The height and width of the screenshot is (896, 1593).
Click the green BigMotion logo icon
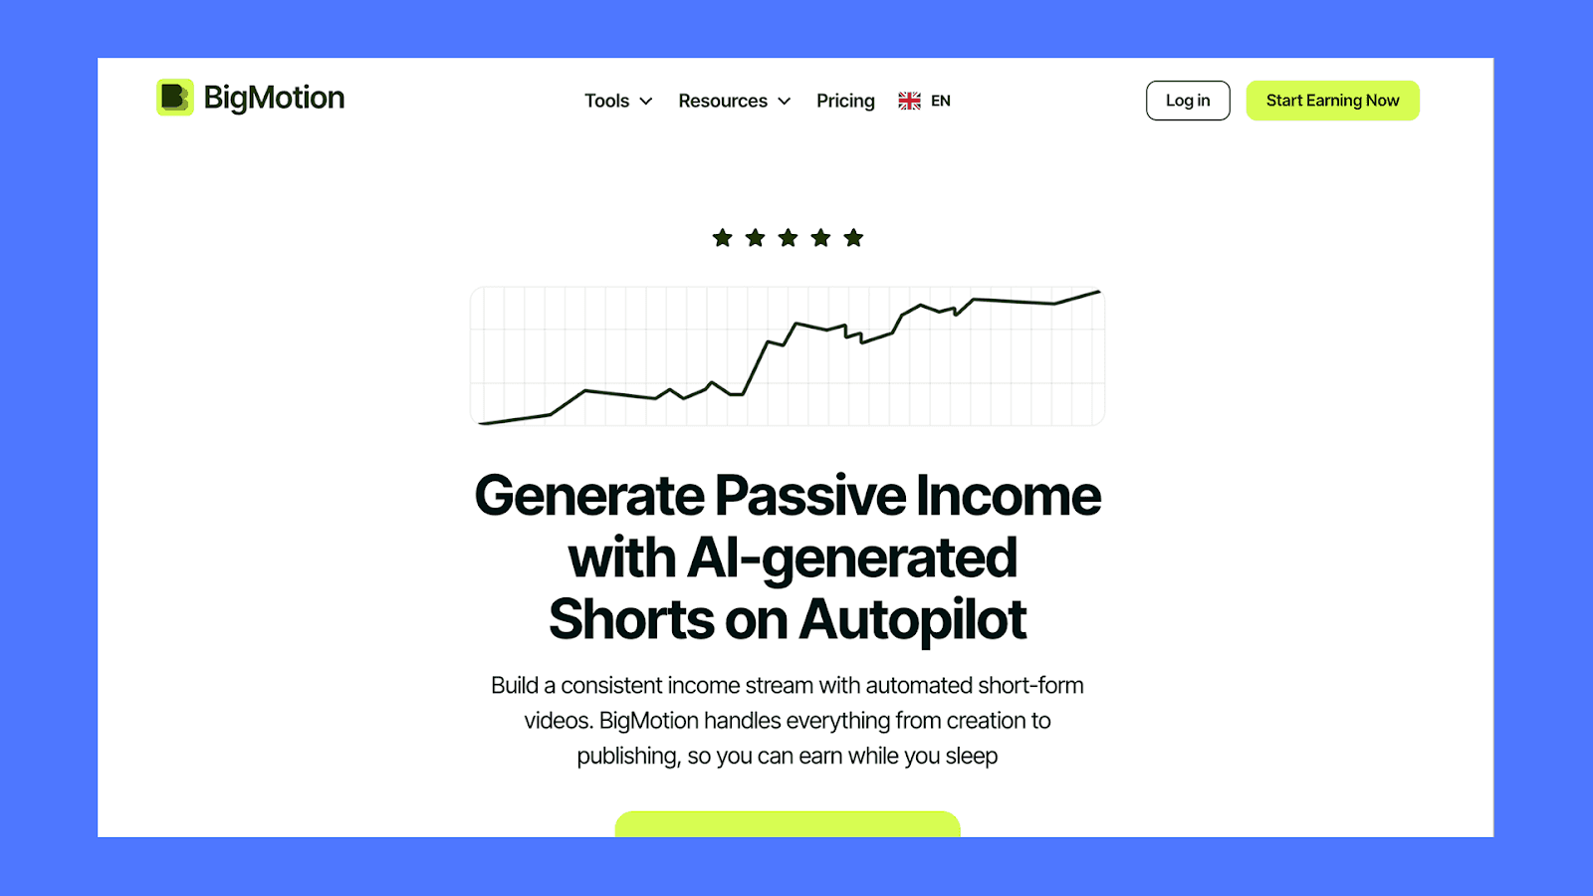pos(175,98)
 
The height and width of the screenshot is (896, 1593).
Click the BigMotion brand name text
pos(274,98)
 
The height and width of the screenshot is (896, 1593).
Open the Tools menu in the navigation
pos(606,101)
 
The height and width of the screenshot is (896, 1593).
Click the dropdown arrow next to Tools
pos(646,102)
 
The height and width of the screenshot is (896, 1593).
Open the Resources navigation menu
pos(723,101)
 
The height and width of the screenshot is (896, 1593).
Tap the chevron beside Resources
pos(785,102)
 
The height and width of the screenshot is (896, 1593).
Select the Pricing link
pos(845,101)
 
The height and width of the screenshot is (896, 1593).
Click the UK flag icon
pos(909,101)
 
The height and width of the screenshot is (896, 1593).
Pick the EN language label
pos(941,101)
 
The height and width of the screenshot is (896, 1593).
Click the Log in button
pos(1188,101)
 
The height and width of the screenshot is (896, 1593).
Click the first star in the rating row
pos(723,238)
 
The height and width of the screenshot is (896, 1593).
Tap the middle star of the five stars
pos(789,238)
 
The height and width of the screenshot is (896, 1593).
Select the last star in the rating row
pos(853,238)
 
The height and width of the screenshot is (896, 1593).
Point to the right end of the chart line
pos(1099,292)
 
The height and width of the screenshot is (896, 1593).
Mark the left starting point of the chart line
pos(481,423)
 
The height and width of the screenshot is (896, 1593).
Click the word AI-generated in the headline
pos(852,558)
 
